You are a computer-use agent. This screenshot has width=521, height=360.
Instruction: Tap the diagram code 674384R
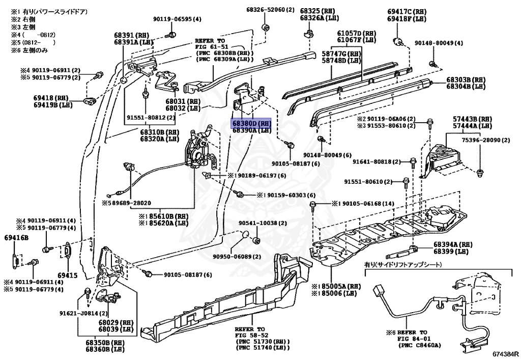tap(505, 353)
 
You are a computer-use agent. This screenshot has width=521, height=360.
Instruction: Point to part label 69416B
tap(17, 237)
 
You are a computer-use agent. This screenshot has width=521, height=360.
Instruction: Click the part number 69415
tap(67, 275)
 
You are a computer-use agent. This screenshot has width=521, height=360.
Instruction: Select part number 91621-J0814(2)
tap(83, 313)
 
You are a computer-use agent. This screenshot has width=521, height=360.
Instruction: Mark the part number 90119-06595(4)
tap(177, 19)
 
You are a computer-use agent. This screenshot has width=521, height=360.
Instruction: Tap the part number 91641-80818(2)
tap(374, 161)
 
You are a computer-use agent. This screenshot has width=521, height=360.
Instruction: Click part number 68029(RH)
tap(116, 322)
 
